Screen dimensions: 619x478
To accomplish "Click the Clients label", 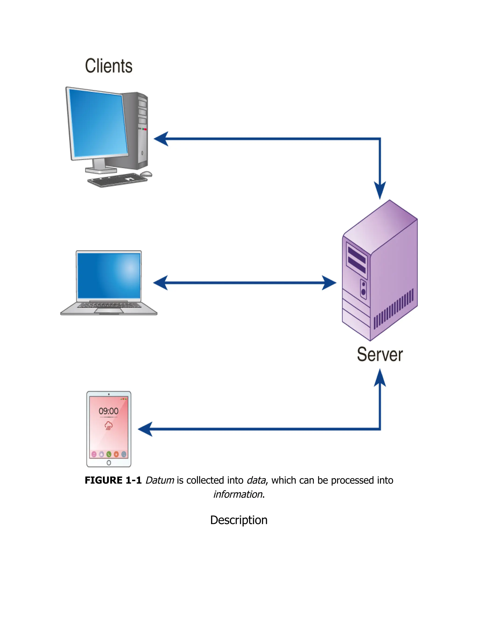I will (x=109, y=66).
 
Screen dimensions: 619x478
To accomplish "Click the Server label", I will (x=380, y=354).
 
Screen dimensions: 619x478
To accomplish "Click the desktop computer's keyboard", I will (x=117, y=180).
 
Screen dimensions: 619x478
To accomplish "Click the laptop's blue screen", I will (x=109, y=275).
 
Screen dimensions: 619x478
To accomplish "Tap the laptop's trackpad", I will (x=109, y=311).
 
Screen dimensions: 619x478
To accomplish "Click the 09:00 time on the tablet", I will (x=109, y=411).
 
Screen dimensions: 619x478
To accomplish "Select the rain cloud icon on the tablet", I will (x=109, y=425).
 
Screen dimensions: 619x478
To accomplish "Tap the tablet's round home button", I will (x=109, y=462).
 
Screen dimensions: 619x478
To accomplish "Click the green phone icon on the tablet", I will (x=109, y=454).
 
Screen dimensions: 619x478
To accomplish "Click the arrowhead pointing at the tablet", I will (x=145, y=429).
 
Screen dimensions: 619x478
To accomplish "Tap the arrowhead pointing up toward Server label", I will (x=380, y=378).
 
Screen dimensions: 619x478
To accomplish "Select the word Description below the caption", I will (x=239, y=520).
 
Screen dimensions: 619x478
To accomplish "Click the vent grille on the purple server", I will (x=394, y=309).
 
